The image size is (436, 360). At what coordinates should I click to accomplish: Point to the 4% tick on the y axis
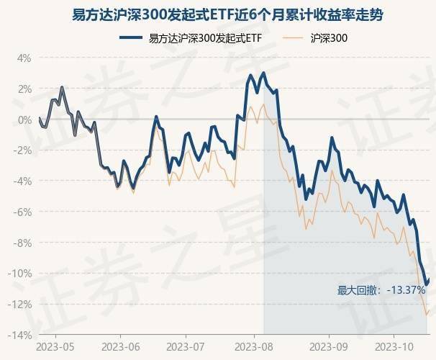[24, 58]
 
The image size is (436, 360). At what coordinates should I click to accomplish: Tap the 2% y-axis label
[24, 89]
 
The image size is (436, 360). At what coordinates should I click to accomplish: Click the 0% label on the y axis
[24, 120]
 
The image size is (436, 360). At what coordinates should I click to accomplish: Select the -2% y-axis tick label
[23, 150]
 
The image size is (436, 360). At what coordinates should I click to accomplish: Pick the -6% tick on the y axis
[23, 212]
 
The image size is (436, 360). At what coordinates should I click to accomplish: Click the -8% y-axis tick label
[23, 243]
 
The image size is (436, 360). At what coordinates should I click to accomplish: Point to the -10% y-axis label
[21, 274]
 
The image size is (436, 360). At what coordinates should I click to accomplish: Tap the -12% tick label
[21, 305]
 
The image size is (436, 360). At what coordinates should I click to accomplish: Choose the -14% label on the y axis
[21, 336]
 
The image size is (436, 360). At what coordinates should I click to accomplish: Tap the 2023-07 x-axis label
[185, 347]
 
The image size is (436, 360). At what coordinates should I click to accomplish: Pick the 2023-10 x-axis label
[393, 347]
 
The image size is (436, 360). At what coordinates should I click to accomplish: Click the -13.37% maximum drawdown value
[405, 290]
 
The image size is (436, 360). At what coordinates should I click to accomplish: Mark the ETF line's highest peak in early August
[263, 73]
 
